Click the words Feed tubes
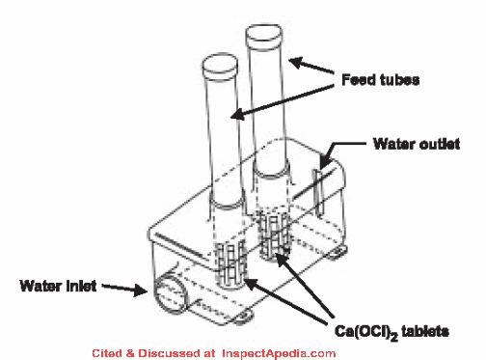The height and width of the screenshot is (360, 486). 380,79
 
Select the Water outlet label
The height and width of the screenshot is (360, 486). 417,144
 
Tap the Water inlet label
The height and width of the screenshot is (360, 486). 58,286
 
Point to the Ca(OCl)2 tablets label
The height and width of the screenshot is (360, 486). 391,332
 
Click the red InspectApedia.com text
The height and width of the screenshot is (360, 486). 279,353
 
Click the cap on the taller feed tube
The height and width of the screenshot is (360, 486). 264,33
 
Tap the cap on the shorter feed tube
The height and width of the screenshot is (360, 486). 220,64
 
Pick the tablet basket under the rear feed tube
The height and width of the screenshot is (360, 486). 275,235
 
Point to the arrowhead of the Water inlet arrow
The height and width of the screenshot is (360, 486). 141,290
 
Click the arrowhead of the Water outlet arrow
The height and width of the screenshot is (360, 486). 325,163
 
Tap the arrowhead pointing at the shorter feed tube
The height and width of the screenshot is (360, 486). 238,114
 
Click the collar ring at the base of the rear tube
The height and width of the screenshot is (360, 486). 271,170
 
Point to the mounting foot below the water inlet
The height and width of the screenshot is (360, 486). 243,316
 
